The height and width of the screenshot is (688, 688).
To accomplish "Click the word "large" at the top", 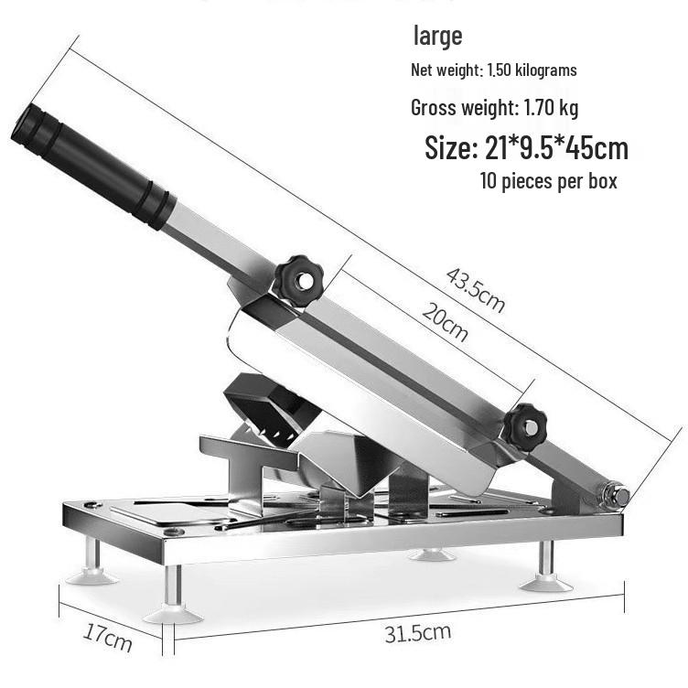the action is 437,37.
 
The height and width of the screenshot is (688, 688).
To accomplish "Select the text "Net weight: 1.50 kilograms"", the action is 494,70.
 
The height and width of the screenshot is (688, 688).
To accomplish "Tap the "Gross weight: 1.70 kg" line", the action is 494,108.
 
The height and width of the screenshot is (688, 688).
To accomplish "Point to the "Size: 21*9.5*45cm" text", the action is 527,148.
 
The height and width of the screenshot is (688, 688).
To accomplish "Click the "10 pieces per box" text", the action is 548,181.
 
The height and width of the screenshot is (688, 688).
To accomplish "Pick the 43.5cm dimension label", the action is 475,290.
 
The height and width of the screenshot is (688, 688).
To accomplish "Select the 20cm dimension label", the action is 445,322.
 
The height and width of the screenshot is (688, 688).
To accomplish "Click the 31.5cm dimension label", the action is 418,633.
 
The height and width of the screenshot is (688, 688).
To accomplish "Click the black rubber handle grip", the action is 93,166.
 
